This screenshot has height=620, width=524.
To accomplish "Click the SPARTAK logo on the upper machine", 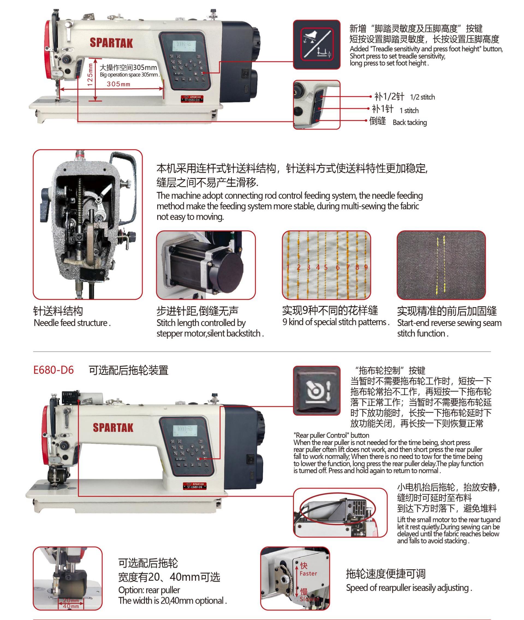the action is [x=111, y=43].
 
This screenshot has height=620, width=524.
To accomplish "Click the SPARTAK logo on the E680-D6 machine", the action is [x=113, y=428].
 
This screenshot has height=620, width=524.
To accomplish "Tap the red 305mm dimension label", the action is [x=118, y=84].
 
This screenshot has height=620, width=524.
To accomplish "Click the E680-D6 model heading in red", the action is [x=53, y=370].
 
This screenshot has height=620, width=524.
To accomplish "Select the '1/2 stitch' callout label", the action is [x=422, y=97].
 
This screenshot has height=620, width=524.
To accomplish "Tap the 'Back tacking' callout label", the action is [x=410, y=122].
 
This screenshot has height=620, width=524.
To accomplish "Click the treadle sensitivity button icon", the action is [x=317, y=45].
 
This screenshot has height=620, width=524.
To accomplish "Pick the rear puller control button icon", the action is [x=317, y=391].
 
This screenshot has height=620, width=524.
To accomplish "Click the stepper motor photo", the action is [x=206, y=265].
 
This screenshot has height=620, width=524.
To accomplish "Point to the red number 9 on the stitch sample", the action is [x=366, y=267].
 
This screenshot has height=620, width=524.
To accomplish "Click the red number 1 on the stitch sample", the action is [x=288, y=267].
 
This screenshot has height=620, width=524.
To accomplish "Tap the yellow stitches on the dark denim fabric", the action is [x=441, y=265].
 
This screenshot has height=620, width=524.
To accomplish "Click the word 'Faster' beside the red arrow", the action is [x=308, y=574].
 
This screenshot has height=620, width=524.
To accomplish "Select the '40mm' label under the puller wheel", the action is [x=71, y=606].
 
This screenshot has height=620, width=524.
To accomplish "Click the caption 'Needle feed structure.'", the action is [x=72, y=323].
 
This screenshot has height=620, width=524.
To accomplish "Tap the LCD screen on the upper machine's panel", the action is [x=184, y=45].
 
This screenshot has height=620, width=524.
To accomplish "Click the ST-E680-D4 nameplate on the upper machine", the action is [x=192, y=99].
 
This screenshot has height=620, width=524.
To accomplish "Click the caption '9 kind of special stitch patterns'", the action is [x=336, y=322].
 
